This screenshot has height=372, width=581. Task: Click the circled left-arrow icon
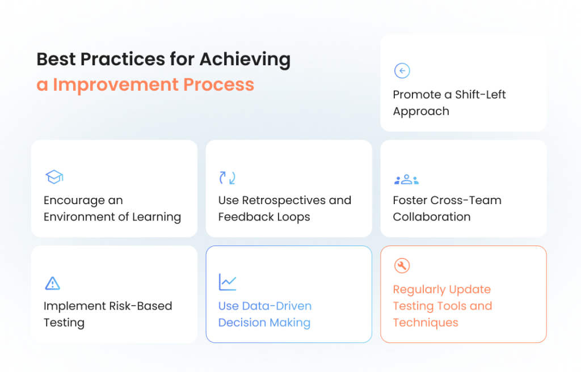coord(402,71)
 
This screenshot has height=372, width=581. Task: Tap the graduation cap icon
coord(54,177)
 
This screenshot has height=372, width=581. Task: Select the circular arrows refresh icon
coord(227,178)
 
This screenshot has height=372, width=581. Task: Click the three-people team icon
coord(406,179)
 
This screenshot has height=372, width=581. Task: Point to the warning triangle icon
coord(53,284)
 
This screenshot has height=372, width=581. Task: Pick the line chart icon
coord(228,282)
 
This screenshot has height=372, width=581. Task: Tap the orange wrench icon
coord(402,265)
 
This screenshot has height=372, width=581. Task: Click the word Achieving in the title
coord(245,60)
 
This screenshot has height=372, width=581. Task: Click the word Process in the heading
coord(218,84)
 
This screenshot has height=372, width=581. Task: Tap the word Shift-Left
coord(480,95)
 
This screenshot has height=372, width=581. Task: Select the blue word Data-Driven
coord(277,306)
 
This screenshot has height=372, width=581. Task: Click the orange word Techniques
coord(426,323)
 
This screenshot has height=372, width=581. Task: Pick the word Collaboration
coord(432,217)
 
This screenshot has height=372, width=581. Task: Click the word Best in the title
coord(56,59)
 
